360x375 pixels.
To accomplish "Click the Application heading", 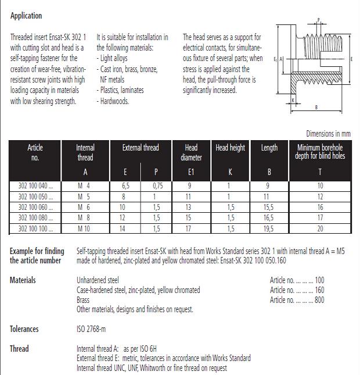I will pos(26,16).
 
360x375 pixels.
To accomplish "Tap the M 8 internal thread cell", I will pos(85,217).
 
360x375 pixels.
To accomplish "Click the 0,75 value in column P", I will pos(157,186).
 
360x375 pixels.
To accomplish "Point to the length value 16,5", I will pos(269,217).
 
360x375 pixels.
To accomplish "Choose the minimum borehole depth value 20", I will pos(321,228).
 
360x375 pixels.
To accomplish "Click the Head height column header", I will pos(230,148).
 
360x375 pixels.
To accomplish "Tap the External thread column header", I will pos(140,148).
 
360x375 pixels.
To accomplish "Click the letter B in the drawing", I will pos(316,107).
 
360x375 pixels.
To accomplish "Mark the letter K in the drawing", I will pos(294,101).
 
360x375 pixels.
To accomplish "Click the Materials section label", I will pos(23,280).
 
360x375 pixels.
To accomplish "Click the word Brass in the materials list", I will pos(84,300).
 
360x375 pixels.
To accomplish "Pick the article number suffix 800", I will pos(319,300).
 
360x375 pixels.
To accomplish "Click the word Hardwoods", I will pos(114,101).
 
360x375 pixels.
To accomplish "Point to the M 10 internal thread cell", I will pos(85,228).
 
